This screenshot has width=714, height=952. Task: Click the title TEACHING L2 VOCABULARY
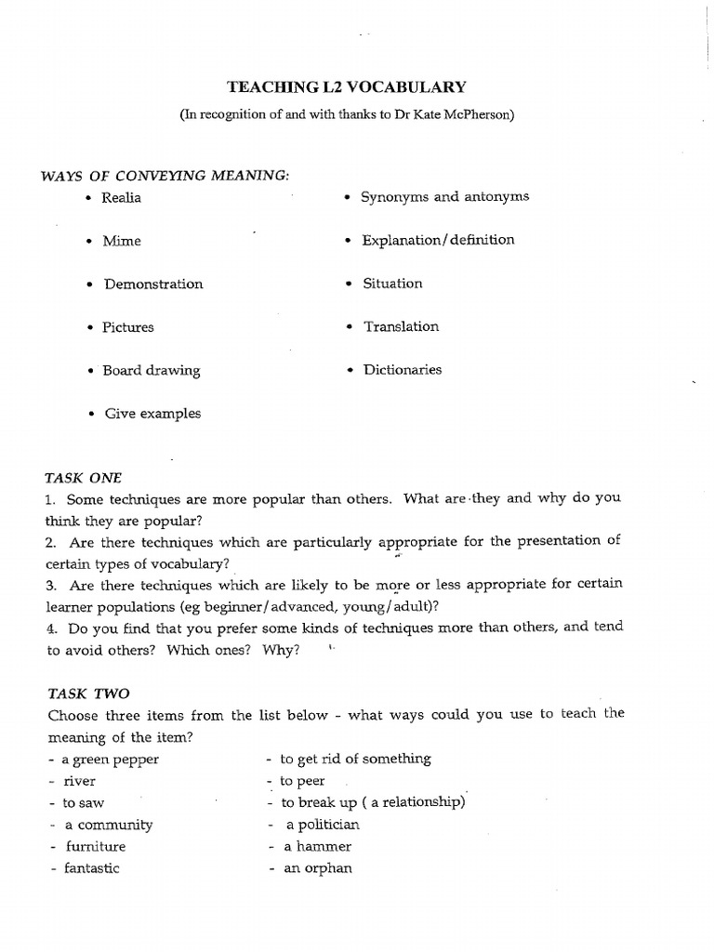tap(347, 87)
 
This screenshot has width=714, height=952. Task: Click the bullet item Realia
tap(123, 198)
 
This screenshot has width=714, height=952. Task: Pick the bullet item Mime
tap(122, 241)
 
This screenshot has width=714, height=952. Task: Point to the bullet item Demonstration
tap(152, 284)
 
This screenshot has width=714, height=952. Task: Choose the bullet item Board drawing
tap(151, 371)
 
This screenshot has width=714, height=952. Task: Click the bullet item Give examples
tap(152, 414)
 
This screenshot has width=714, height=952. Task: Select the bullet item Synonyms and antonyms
tap(445, 197)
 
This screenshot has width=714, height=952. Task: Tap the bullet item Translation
tap(401, 327)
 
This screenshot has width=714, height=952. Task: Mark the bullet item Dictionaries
tap(402, 370)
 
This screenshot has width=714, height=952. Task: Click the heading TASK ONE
tap(84, 478)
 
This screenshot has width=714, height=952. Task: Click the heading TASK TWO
tap(88, 694)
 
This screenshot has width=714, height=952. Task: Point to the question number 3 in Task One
tap(51, 585)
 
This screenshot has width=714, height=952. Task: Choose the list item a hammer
tap(318, 847)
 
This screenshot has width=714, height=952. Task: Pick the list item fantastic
tap(91, 869)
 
